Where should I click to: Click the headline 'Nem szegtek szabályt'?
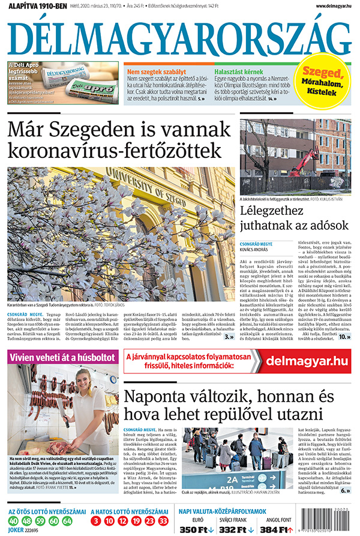point(157,71)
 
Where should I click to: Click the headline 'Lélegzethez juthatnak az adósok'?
point(294,218)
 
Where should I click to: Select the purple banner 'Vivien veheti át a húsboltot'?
point(63,358)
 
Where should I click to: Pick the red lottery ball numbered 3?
point(97,521)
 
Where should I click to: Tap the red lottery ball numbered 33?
point(163,521)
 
